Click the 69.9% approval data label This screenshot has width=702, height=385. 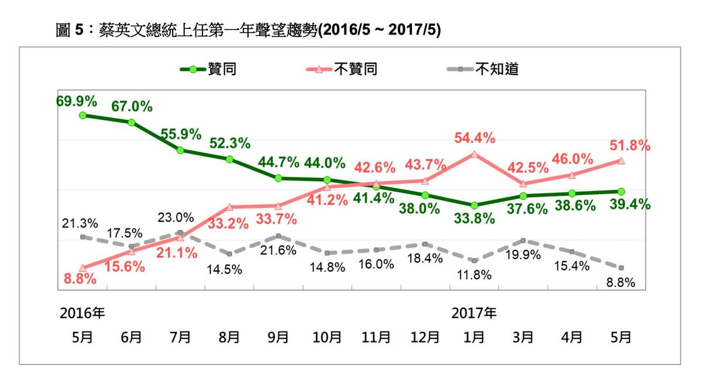click(x=77, y=101)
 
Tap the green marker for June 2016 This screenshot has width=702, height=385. click(x=132, y=122)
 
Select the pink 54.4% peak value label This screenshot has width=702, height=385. click(x=474, y=139)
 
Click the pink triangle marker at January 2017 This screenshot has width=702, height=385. click(x=474, y=154)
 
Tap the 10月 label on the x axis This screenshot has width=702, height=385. click(x=327, y=338)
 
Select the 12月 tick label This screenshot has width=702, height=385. click(x=425, y=338)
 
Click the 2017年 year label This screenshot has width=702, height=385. click(x=474, y=314)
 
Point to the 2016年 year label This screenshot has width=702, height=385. click(x=82, y=314)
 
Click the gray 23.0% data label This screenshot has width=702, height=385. click(x=175, y=217)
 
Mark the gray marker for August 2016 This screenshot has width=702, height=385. click(x=229, y=254)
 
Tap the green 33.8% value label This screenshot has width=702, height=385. click(x=474, y=219)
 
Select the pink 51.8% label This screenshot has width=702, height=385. click(x=631, y=146)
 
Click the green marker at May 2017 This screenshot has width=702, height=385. click(x=621, y=192)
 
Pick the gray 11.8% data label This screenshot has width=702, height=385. click(x=474, y=275)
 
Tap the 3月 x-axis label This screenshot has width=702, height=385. click(x=524, y=338)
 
